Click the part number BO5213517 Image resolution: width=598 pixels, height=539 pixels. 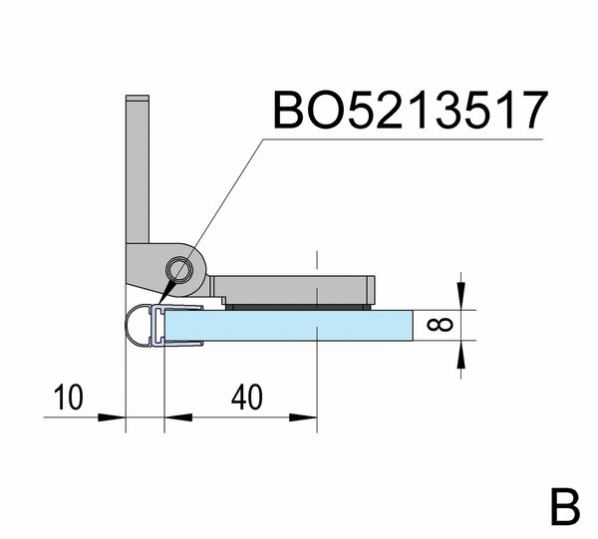(x=411, y=110)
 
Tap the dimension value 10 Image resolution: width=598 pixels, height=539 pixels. (x=68, y=398)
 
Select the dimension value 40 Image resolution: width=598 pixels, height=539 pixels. (x=247, y=398)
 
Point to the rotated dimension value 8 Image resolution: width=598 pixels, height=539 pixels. (x=441, y=325)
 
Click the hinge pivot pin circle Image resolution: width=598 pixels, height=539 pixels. (x=179, y=270)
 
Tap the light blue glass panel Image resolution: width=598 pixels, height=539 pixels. (x=289, y=325)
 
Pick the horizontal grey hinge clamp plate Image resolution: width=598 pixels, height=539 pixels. (x=294, y=290)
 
